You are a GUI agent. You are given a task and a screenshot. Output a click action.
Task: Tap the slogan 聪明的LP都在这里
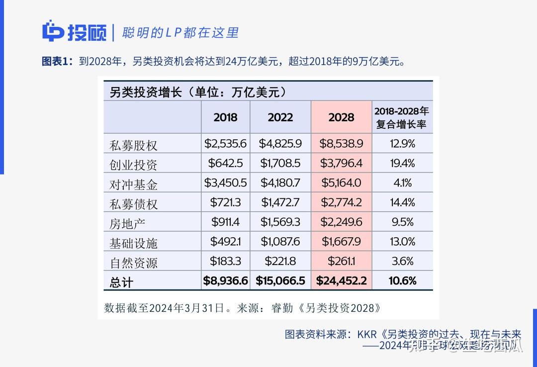point(180,33)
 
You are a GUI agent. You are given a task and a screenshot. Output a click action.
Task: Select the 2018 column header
point(225,117)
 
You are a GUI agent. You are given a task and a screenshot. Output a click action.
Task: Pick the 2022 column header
point(280,117)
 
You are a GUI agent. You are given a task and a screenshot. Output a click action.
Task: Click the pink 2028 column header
point(341,117)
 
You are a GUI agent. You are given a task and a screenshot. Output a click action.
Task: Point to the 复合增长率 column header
point(402,117)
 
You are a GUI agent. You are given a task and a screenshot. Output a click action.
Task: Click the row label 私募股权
point(133,145)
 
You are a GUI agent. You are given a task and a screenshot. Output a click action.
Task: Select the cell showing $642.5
point(225,164)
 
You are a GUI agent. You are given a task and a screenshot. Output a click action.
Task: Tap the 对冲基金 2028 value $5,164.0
point(341,183)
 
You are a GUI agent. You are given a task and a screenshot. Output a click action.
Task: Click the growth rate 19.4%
point(402,164)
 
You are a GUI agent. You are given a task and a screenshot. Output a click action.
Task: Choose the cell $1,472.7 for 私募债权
point(280,202)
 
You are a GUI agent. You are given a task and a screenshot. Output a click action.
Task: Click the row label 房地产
point(127,222)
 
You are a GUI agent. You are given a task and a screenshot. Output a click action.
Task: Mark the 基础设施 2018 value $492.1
point(225,242)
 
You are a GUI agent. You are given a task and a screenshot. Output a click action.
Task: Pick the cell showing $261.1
point(341,261)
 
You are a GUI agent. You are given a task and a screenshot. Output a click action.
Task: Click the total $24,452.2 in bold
point(341,281)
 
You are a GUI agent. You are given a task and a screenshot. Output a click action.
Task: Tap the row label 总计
point(121,282)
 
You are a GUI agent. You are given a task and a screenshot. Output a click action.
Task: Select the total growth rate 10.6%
point(402,281)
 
